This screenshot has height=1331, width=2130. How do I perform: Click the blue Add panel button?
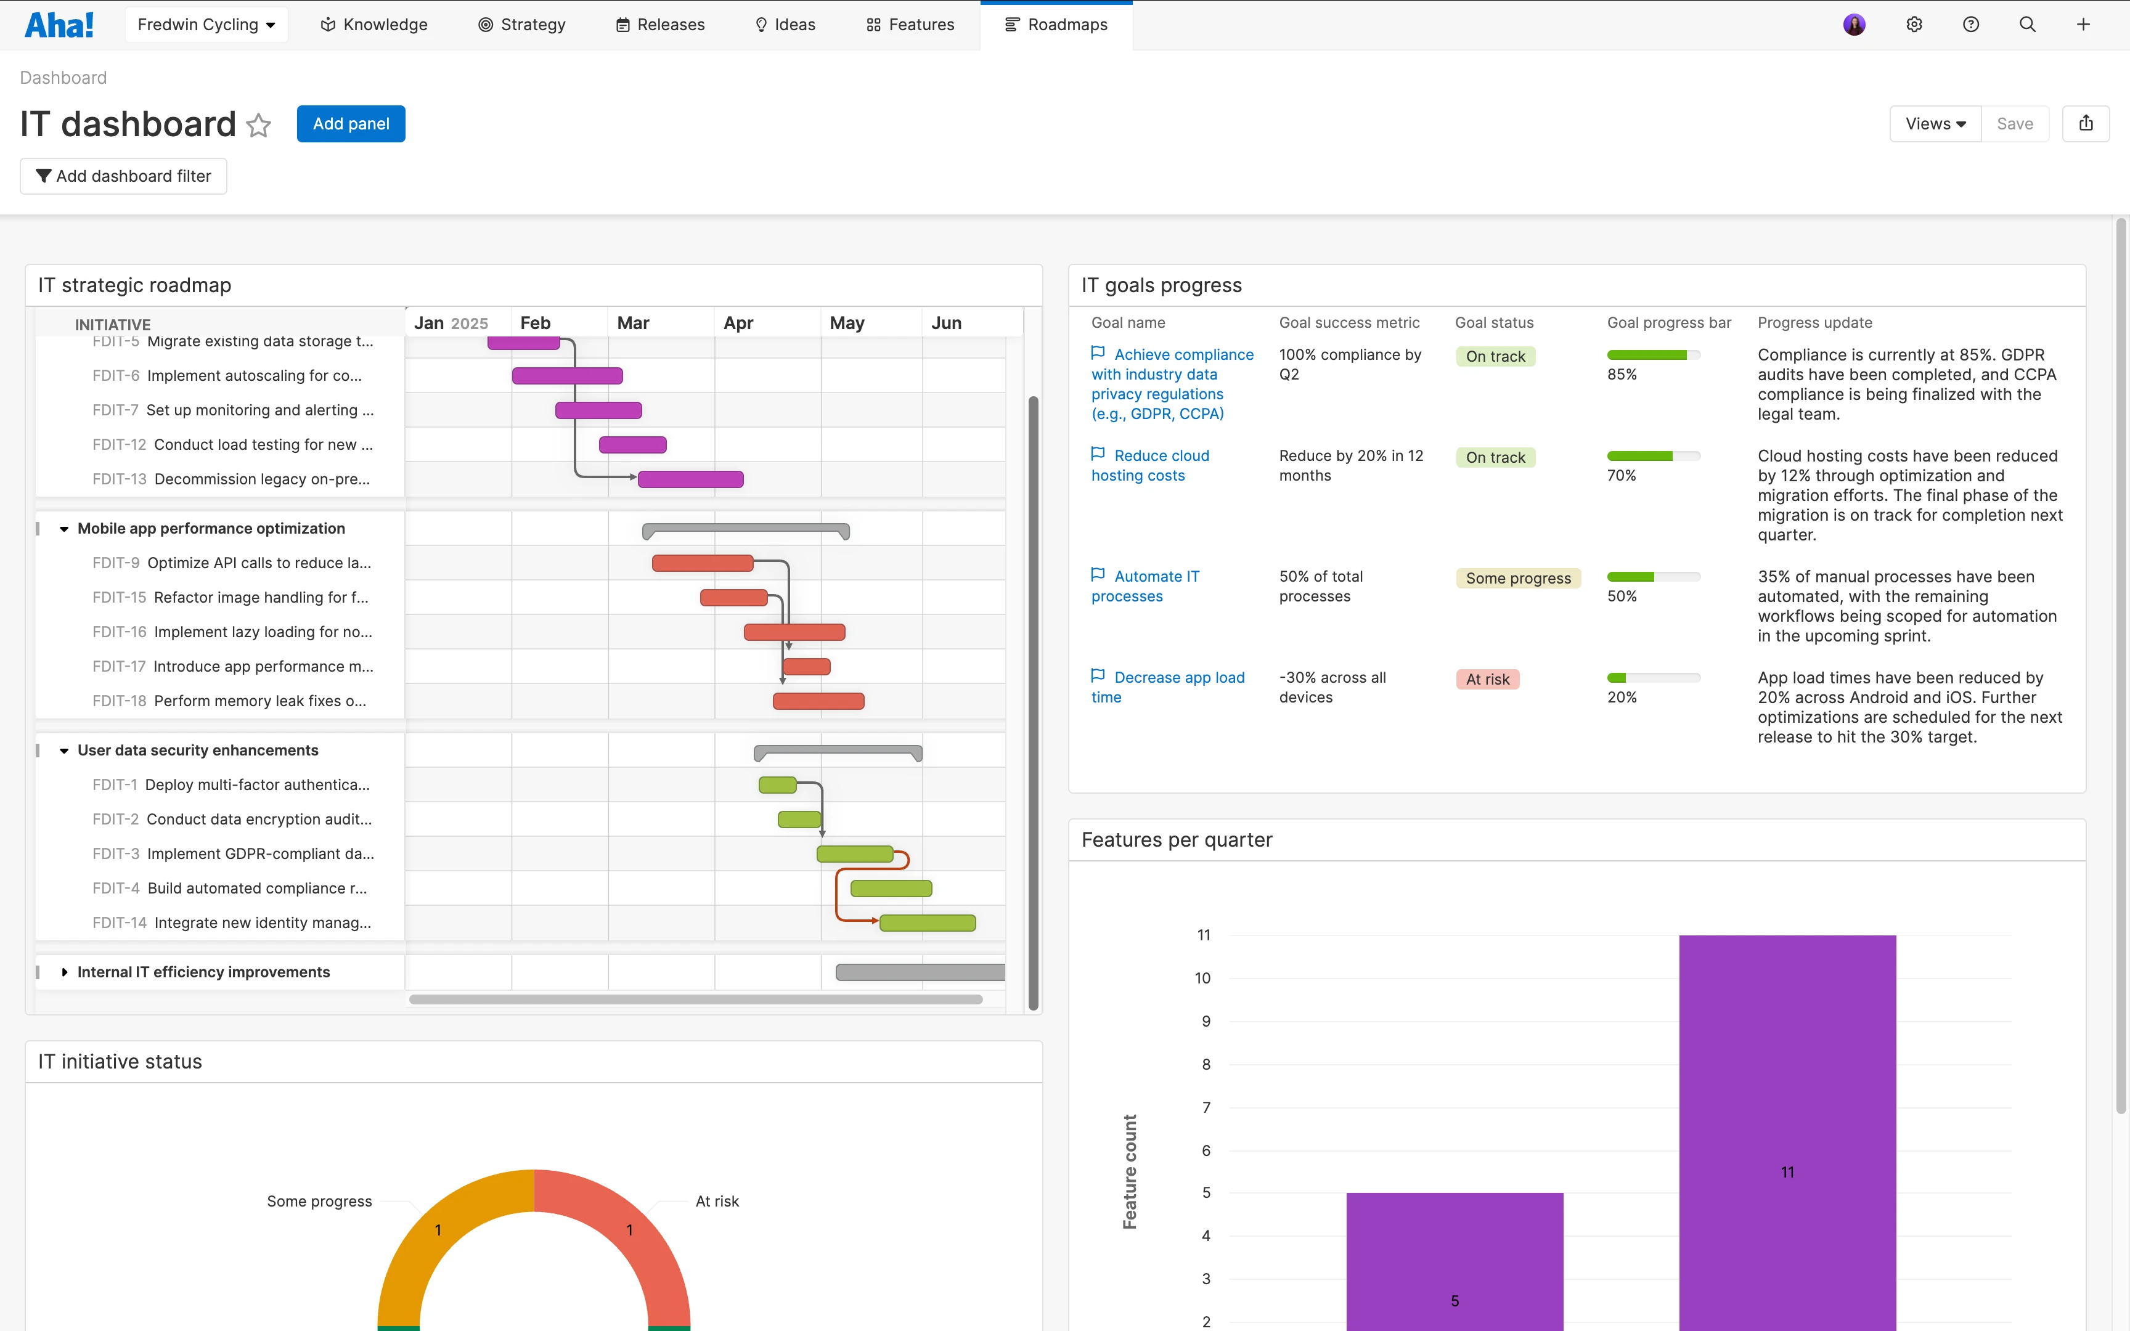(x=350, y=124)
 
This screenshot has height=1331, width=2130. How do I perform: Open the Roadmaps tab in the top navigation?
(x=1056, y=25)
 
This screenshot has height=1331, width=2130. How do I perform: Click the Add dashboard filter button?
(x=123, y=176)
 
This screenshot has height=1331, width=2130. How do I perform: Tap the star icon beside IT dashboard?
(x=259, y=126)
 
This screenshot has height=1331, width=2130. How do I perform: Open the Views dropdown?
(x=1935, y=124)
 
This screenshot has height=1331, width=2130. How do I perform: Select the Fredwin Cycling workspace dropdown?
(x=206, y=25)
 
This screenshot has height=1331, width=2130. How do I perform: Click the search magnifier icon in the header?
(x=2027, y=25)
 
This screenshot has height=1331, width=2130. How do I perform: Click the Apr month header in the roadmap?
(x=738, y=323)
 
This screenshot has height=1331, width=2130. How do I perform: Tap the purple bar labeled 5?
(x=1454, y=1259)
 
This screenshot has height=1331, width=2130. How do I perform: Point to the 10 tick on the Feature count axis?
(x=1202, y=978)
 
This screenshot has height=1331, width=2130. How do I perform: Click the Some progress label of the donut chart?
(x=319, y=1202)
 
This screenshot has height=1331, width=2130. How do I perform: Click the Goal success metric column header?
(x=1349, y=323)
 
